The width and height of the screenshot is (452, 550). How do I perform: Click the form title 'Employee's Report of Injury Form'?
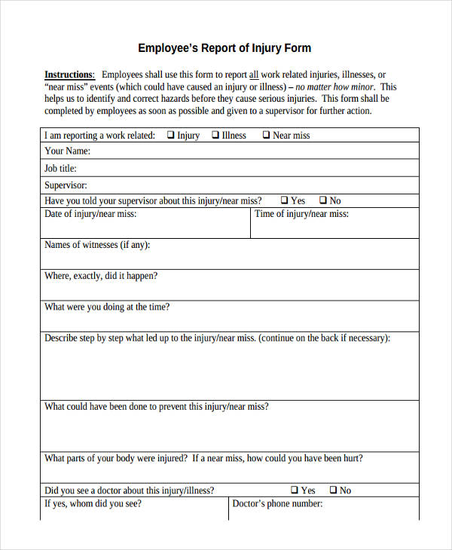[224, 48]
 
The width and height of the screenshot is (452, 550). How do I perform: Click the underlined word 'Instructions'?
[69, 75]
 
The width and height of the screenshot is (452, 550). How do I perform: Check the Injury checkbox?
[171, 136]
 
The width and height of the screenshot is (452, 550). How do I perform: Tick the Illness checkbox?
[215, 136]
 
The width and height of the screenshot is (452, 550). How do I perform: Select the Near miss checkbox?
[266, 136]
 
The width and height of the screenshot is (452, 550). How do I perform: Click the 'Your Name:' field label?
[67, 151]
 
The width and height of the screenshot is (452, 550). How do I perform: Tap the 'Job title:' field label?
[60, 169]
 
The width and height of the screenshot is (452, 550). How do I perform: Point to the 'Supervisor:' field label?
[66, 185]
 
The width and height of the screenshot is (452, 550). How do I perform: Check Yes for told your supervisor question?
[285, 200]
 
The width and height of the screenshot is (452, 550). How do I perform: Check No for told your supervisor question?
[323, 200]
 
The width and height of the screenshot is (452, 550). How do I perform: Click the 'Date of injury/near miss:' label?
[90, 214]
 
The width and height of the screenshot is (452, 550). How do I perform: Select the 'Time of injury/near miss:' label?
[301, 214]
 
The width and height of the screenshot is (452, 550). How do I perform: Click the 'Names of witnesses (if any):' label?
[96, 245]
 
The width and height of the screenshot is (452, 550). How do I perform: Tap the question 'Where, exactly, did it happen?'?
[101, 276]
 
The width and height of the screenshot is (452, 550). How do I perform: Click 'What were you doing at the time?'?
[107, 307]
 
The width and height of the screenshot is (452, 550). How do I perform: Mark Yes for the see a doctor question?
[295, 490]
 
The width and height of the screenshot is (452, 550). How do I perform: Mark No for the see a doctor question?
[333, 490]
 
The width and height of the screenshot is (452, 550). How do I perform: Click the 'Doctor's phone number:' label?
[277, 504]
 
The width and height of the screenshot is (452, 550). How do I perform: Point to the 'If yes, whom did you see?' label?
[93, 504]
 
